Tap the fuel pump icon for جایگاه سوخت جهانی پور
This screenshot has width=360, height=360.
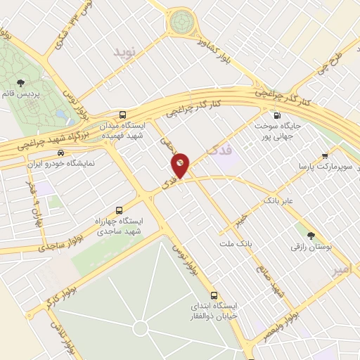point(276,116)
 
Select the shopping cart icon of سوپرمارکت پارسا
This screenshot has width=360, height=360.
point(325,156)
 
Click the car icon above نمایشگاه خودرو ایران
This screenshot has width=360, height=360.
point(61,153)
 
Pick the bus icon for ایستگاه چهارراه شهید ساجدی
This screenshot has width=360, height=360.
point(118,210)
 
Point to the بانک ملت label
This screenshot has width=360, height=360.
point(240,243)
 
